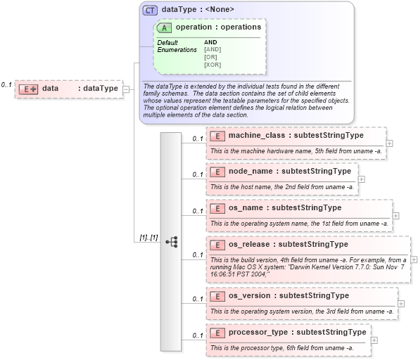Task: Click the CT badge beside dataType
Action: click(151, 11)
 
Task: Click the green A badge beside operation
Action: click(165, 27)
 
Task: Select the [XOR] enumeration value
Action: click(213, 65)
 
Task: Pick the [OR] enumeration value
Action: click(210, 57)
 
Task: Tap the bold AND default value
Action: click(210, 42)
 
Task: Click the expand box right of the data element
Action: click(126, 89)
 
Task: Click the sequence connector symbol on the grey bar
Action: click(172, 241)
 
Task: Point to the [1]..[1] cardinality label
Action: click(148, 238)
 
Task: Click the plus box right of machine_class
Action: click(390, 143)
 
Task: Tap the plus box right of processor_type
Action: click(374, 340)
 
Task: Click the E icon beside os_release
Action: click(217, 245)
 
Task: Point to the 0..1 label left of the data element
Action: click(6, 84)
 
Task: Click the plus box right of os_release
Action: click(414, 259)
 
